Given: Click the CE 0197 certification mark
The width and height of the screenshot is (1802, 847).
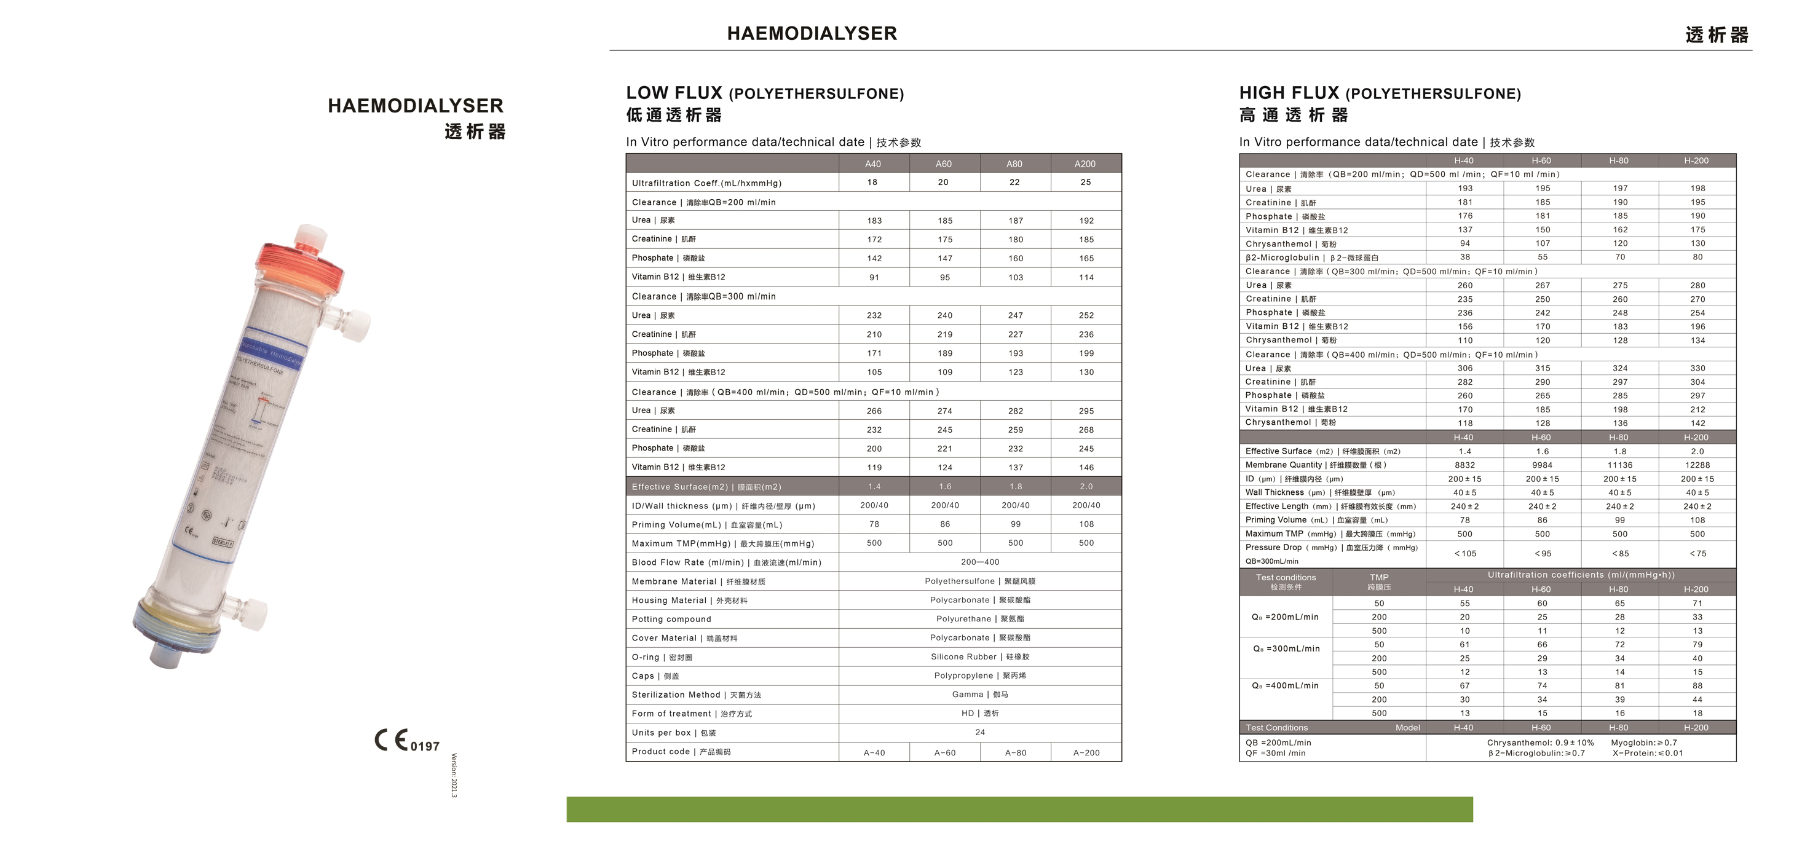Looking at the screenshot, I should (406, 741).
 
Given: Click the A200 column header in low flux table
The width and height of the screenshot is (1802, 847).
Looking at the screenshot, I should (1085, 163).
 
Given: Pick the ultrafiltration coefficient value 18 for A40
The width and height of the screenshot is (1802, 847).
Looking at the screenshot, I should (872, 182).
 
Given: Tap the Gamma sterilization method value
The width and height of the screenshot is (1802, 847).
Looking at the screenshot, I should (979, 695).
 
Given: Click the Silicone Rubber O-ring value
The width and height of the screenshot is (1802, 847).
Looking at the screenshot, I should (979, 656).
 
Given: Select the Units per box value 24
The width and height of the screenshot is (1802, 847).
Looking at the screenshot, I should (979, 732).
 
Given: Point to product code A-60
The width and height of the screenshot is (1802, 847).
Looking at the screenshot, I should (944, 752).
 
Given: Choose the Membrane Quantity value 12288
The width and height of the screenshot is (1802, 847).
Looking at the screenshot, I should (1696, 465).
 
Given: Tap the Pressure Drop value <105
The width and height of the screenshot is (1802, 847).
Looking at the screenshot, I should (1465, 553).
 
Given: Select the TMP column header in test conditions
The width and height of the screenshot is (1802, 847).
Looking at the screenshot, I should (1379, 582).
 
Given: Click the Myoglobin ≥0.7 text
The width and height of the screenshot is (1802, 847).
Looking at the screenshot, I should (1643, 743).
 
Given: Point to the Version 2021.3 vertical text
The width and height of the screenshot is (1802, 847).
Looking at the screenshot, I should (454, 775).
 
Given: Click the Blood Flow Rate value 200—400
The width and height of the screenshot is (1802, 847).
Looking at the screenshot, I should (979, 562).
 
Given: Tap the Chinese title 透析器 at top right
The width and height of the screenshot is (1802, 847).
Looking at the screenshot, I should (1717, 35).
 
